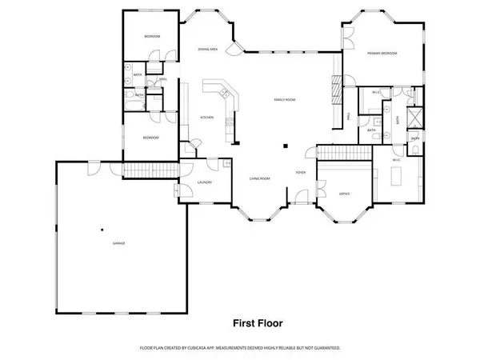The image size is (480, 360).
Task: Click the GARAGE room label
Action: [118, 242]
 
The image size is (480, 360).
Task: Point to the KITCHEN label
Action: [206, 118]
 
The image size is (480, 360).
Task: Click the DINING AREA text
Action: [208, 50]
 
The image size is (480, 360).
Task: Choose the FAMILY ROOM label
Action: [285, 100]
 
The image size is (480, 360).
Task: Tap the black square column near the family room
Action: [286, 146]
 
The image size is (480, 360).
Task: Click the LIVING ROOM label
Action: [259, 178]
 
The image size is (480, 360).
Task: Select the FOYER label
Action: [300, 171]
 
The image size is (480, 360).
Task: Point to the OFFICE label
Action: [345, 194]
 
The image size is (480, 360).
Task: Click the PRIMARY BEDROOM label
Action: [382, 54]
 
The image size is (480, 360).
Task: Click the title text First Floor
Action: [257, 324]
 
